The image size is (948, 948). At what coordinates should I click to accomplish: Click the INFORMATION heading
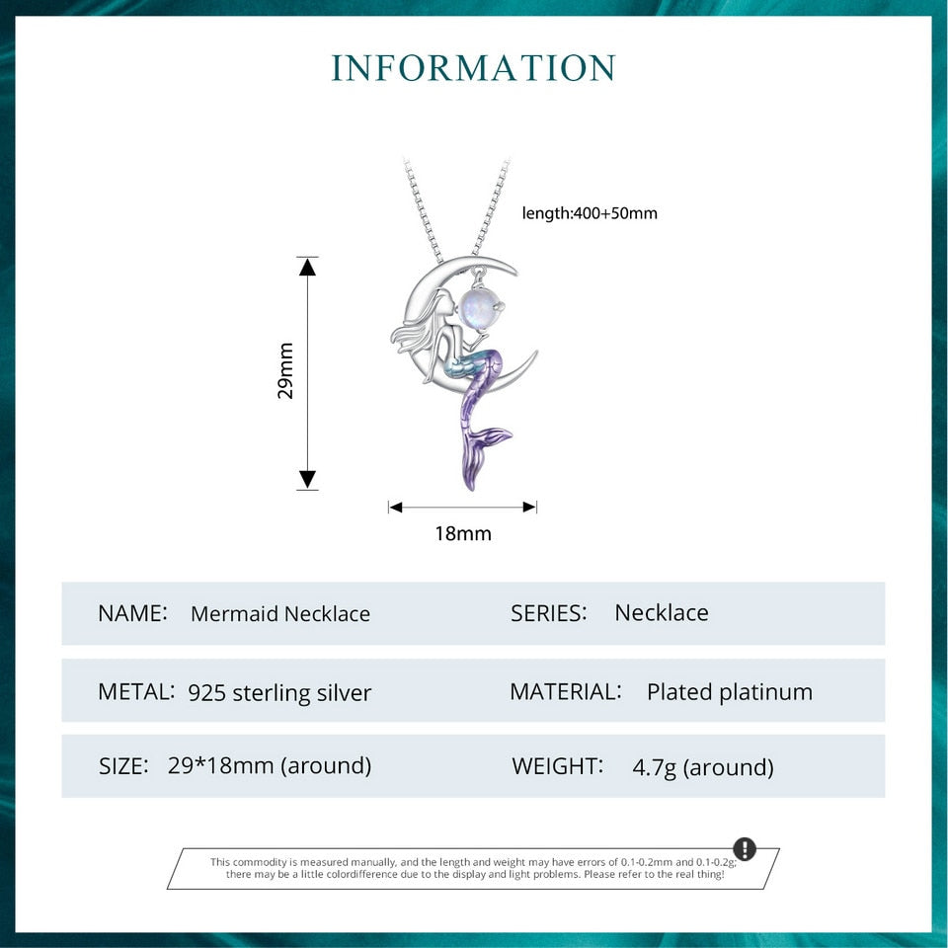(474, 68)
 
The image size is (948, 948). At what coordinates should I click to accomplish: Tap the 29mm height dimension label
(286, 370)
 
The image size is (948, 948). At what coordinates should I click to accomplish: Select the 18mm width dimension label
(462, 534)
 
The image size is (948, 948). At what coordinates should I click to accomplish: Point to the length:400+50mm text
(590, 212)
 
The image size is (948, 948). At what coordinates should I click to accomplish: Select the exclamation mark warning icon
(745, 849)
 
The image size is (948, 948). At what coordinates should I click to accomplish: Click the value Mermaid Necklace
(280, 613)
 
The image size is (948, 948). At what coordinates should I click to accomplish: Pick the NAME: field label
(132, 612)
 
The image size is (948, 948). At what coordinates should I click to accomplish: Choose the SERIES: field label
(549, 612)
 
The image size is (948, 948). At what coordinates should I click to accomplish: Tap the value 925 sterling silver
(279, 692)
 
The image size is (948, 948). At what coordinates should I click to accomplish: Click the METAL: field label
(136, 691)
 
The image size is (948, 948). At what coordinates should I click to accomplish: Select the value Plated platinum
(730, 692)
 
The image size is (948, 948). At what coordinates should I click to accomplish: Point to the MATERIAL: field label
(566, 691)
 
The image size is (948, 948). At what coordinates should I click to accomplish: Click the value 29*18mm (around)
(270, 765)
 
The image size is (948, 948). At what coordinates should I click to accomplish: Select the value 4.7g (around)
(703, 767)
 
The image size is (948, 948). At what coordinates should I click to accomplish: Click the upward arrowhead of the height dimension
(308, 267)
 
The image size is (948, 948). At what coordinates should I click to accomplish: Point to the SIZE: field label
(124, 765)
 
